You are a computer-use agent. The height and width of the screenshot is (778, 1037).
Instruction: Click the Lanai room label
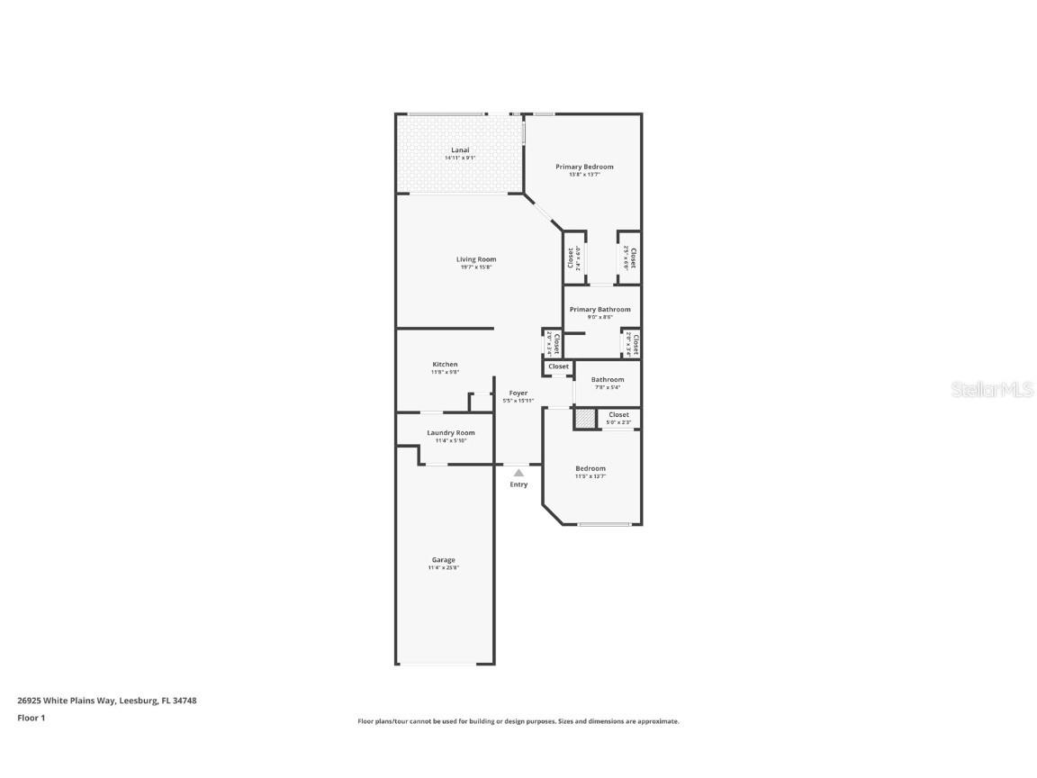[460, 150]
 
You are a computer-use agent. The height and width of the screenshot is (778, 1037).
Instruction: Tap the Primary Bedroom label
[584, 167]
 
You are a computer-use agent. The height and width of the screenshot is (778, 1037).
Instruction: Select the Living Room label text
[475, 259]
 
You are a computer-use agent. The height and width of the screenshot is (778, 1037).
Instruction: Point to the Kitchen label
[445, 365]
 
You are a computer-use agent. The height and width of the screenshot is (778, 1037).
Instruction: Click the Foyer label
[518, 393]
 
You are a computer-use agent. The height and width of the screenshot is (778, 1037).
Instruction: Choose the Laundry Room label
[451, 433]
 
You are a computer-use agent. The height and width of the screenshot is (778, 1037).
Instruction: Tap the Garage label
[444, 560]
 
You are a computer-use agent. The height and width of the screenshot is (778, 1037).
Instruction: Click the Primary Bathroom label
[600, 310]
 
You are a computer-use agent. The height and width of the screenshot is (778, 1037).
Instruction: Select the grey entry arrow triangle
[518, 472]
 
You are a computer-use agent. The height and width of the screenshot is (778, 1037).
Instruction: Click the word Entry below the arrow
[518, 484]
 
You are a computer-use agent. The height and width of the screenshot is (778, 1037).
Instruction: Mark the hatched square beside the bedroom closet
[586, 419]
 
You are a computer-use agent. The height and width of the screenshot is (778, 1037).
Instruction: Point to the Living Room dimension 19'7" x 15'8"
[475, 267]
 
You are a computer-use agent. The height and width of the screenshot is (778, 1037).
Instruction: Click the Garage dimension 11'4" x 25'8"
[444, 568]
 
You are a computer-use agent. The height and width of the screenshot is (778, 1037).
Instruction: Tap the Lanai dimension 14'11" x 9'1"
[460, 158]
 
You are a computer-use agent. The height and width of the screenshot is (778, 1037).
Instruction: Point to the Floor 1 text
[31, 718]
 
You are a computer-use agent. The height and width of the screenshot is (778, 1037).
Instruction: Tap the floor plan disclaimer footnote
[518, 721]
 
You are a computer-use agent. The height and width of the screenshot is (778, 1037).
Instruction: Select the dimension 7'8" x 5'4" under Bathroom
[608, 388]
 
